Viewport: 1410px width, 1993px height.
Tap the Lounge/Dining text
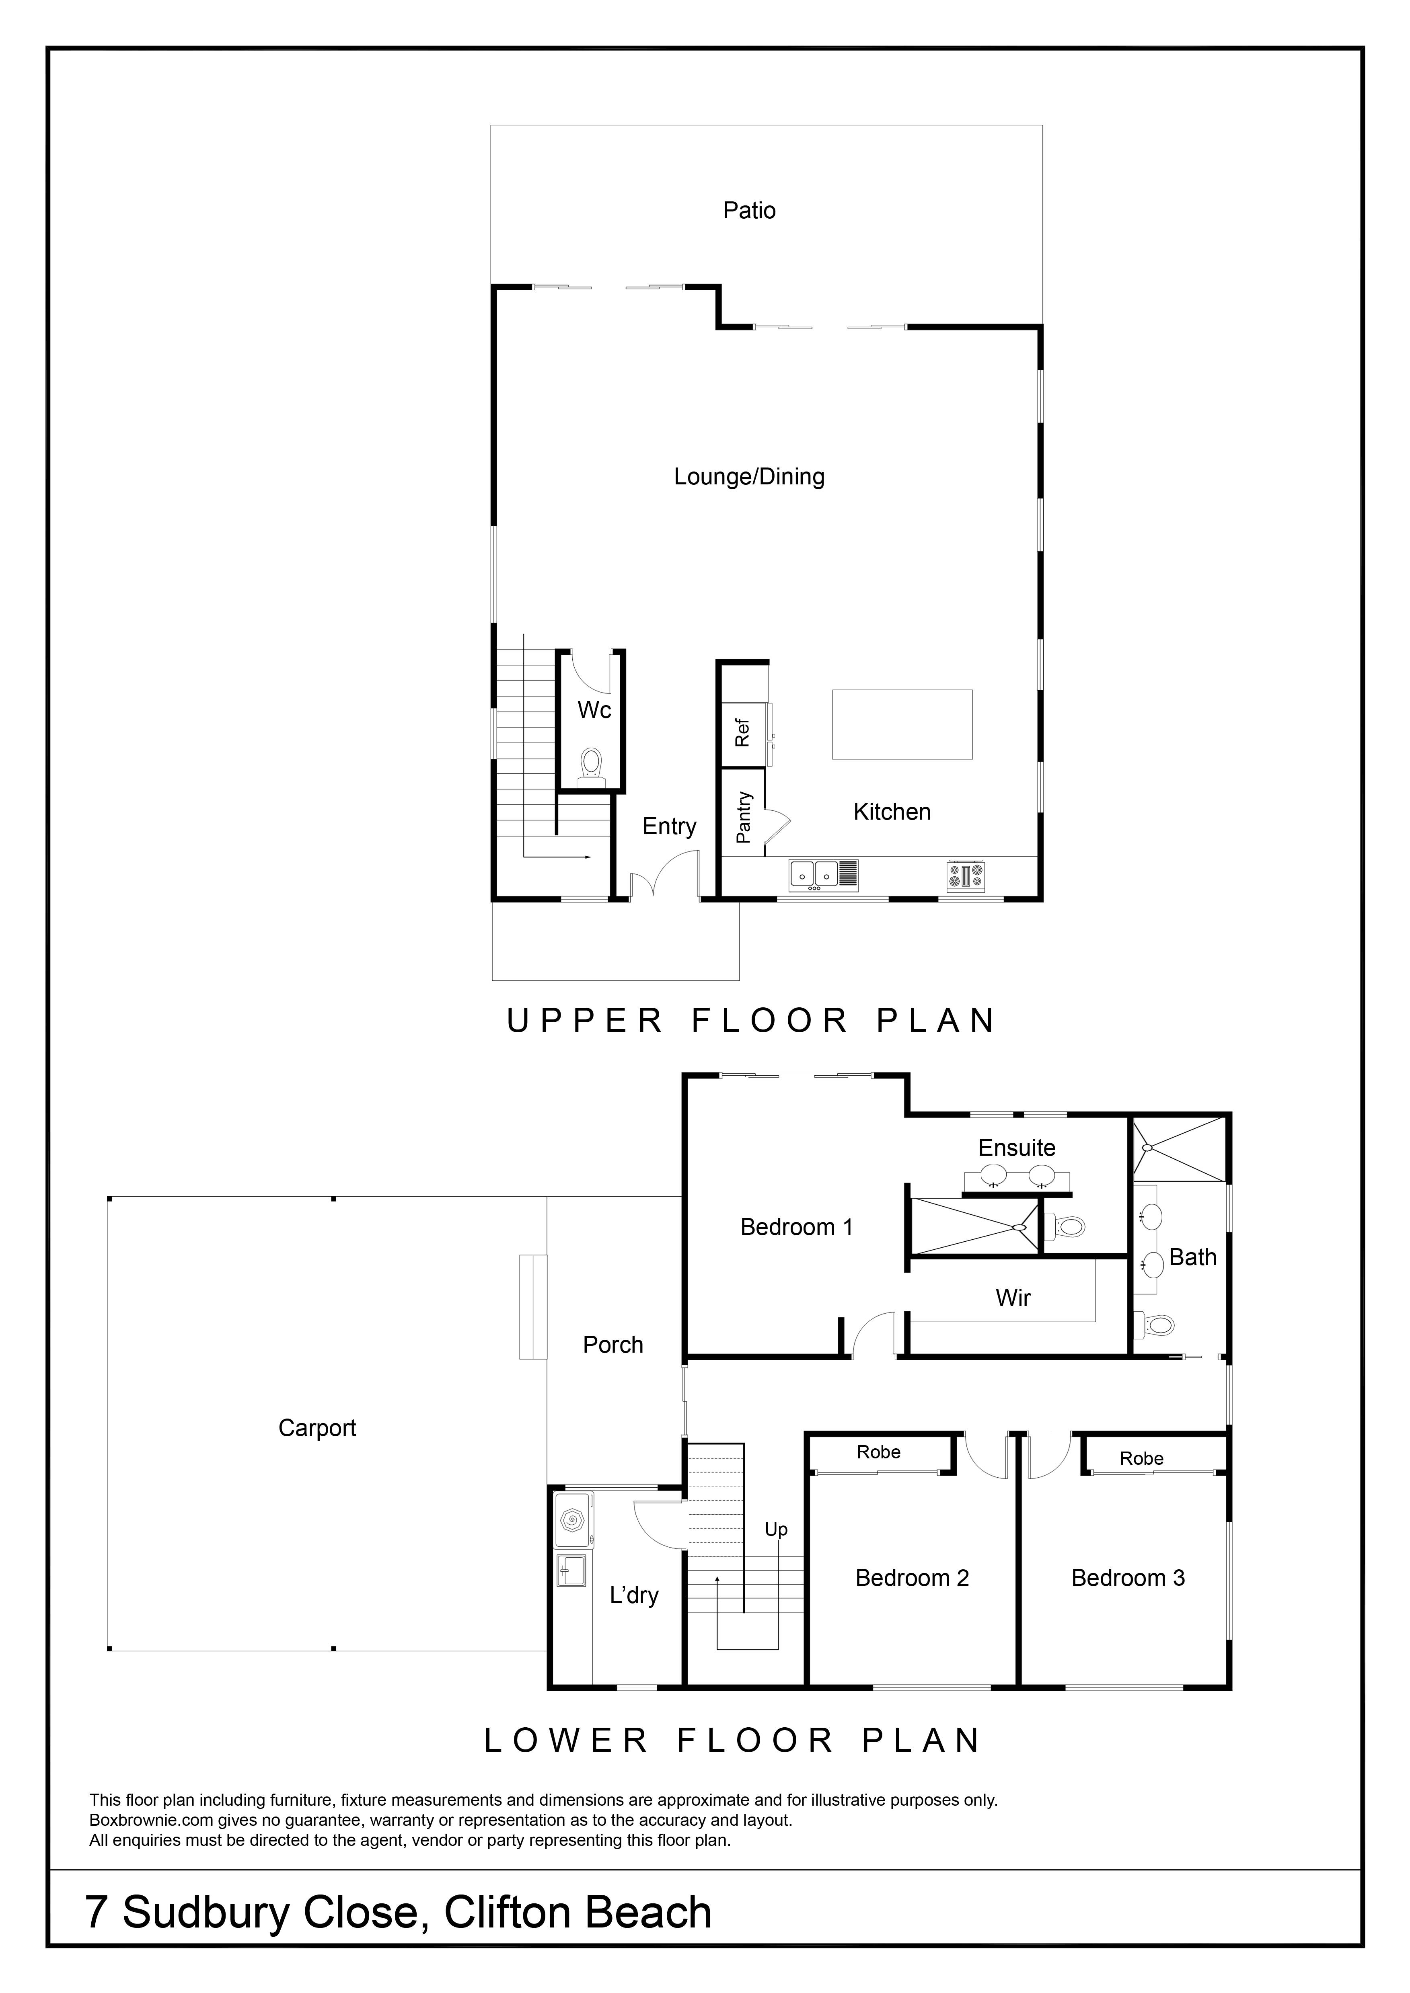tap(749, 477)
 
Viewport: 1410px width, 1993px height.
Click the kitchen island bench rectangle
tap(902, 725)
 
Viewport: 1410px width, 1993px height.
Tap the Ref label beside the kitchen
tap(742, 733)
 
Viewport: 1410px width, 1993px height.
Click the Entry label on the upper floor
tap(669, 826)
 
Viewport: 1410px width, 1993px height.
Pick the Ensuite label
tap(1017, 1148)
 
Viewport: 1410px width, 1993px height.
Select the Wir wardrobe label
tap(1013, 1298)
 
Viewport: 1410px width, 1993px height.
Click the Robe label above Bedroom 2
tap(879, 1452)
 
